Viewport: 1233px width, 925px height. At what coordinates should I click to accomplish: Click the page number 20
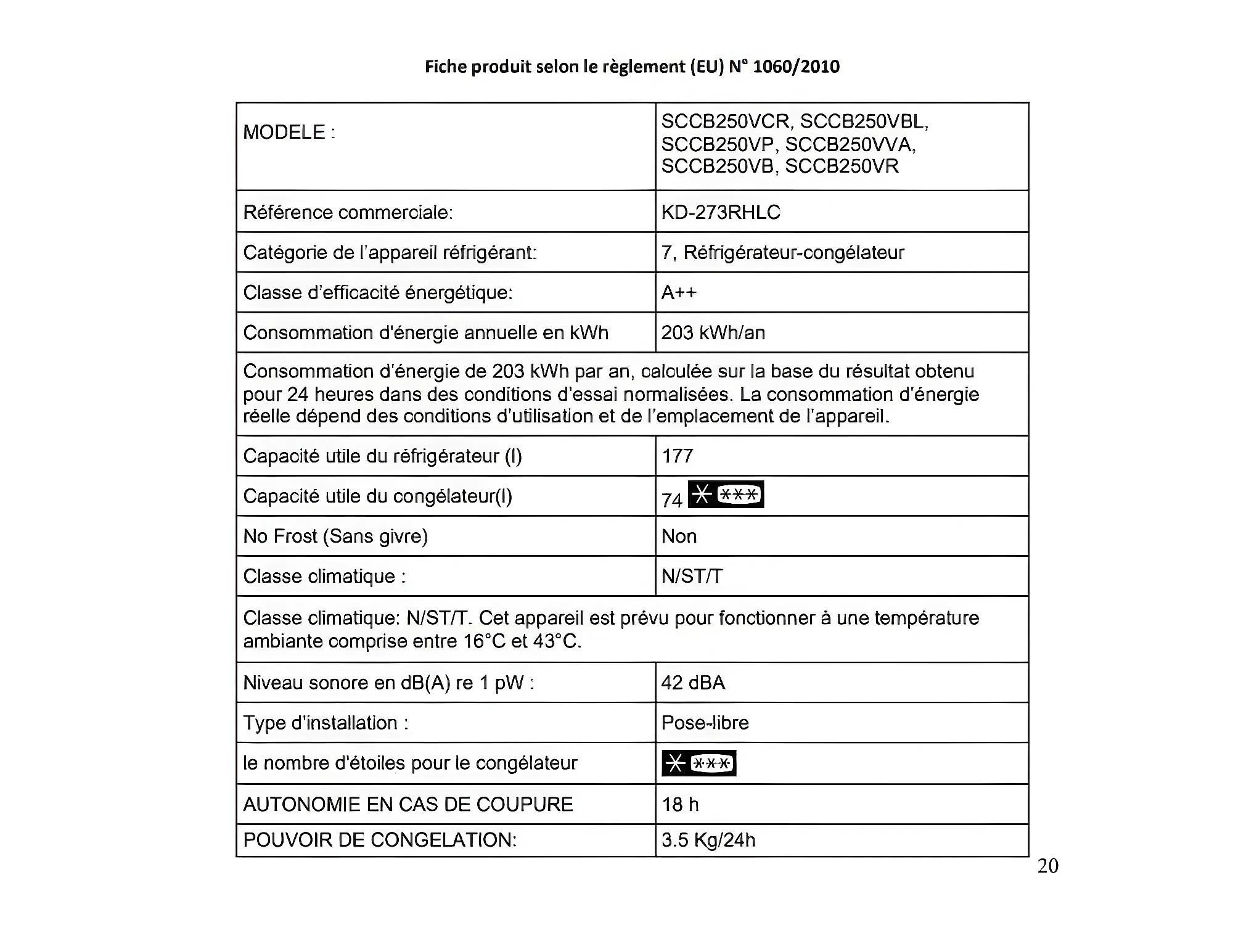1047,866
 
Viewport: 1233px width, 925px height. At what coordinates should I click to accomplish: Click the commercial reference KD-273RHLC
721,212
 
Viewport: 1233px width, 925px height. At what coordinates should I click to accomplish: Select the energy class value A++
679,292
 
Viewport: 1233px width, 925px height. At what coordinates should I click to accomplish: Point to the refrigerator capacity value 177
678,456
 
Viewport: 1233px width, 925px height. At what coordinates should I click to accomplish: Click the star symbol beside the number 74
726,495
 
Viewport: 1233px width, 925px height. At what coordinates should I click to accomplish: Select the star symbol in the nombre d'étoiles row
698,763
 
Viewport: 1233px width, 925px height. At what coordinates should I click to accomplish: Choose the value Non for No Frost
679,536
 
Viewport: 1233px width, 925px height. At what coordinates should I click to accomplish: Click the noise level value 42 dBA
693,683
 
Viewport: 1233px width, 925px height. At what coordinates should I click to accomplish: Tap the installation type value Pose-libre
705,723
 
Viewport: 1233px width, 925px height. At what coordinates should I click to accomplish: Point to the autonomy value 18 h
680,804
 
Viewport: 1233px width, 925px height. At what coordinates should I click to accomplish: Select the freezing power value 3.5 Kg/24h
708,840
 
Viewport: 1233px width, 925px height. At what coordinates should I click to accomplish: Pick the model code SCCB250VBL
864,121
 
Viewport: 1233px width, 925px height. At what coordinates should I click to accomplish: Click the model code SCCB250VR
842,166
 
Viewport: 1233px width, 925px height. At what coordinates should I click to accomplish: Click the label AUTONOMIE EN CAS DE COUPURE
408,804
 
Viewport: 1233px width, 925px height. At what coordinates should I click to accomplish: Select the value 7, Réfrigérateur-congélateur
782,252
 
